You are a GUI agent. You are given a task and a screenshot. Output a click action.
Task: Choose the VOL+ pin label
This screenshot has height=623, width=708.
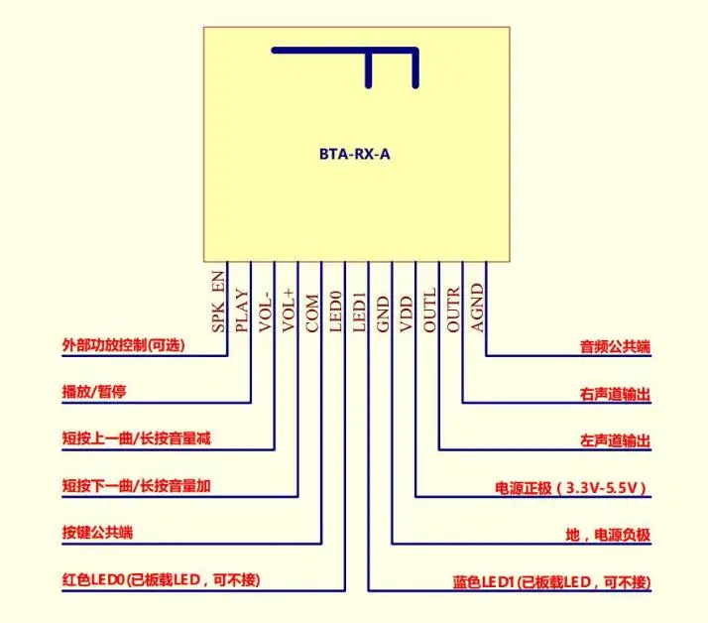point(290,308)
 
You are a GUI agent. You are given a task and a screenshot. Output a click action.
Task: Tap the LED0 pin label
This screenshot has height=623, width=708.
point(336,310)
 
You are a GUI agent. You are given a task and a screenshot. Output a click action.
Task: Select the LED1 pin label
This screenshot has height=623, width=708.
point(360,310)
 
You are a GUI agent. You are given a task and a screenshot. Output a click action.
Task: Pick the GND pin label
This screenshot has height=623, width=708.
point(384,311)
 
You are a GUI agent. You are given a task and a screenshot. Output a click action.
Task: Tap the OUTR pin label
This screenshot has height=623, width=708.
point(454,309)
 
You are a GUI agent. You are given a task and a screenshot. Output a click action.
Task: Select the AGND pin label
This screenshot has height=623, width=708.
point(478,309)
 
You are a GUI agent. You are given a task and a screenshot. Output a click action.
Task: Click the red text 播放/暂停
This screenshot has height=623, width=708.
point(94,392)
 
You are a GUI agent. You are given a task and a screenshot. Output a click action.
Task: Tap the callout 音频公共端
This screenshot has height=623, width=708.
point(615,347)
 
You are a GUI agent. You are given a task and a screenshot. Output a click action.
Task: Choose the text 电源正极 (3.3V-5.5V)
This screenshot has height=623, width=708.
point(572,488)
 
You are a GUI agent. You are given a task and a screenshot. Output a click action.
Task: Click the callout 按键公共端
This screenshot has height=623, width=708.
point(98,533)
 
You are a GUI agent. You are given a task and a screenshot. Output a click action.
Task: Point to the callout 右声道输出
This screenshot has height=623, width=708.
point(615,394)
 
